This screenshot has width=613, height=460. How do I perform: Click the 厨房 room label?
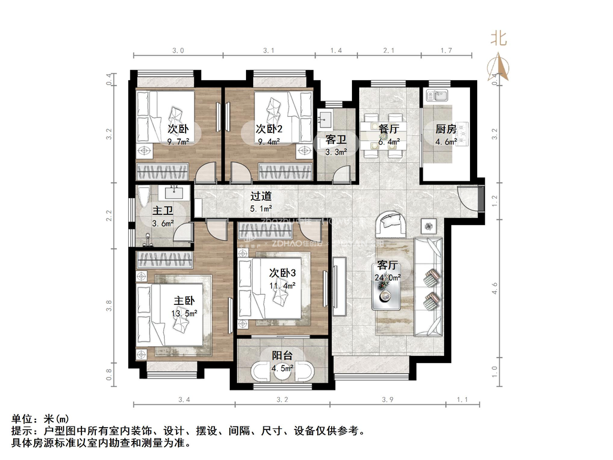pos(446,129)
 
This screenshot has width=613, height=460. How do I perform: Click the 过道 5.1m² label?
pos(261,202)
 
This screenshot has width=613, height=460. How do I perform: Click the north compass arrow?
pos(499,66)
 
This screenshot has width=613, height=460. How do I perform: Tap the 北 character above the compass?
pos(499,39)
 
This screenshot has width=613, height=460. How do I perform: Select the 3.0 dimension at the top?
pos(178,51)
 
